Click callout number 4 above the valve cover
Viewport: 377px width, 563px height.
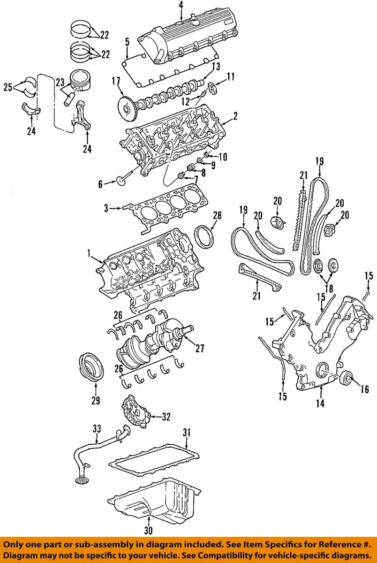pyautogui.click(x=181, y=5)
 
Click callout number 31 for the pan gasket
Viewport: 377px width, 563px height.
pyautogui.click(x=187, y=432)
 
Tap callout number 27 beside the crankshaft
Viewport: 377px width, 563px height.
pyautogui.click(x=200, y=349)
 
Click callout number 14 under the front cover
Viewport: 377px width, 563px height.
pyautogui.click(x=320, y=403)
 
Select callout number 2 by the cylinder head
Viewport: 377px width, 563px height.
pyautogui.click(x=235, y=115)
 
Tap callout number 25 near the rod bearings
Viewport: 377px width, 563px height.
pyautogui.click(x=8, y=86)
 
